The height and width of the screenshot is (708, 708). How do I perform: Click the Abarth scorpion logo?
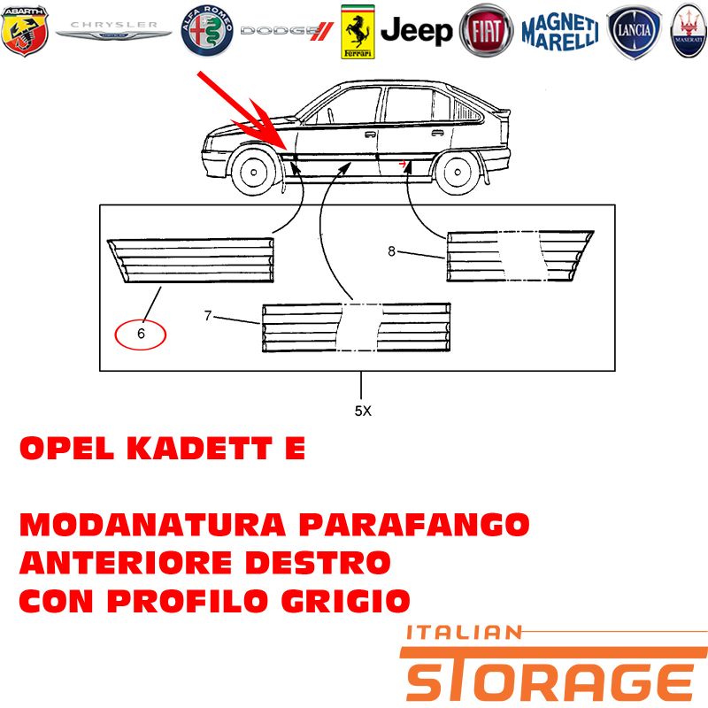tap(25, 31)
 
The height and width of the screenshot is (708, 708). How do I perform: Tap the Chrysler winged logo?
tap(114, 30)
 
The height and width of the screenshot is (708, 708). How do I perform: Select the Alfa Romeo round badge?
tap(207, 31)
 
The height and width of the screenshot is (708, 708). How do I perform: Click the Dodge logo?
tap(287, 31)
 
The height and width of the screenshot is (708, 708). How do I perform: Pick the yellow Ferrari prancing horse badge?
tap(358, 32)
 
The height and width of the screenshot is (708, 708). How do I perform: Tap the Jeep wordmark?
tap(416, 31)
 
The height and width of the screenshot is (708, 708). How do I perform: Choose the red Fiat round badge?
tap(486, 31)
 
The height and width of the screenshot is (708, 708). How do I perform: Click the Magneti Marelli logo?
tap(560, 32)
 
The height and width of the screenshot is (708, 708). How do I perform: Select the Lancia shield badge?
tap(634, 32)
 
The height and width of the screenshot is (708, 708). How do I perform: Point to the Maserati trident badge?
tap(689, 31)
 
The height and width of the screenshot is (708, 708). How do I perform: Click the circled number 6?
tap(141, 334)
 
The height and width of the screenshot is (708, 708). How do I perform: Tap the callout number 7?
tap(208, 316)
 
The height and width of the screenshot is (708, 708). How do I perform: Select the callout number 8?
tap(391, 251)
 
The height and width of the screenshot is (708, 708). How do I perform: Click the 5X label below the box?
tap(363, 411)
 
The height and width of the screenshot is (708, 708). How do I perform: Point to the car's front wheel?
tap(254, 172)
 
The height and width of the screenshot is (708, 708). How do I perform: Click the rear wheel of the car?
tap(458, 172)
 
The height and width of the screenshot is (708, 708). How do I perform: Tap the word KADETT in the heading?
tap(199, 449)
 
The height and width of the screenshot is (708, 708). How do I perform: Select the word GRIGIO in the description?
tap(345, 601)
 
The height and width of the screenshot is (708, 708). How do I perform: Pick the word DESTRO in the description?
tap(318, 563)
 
